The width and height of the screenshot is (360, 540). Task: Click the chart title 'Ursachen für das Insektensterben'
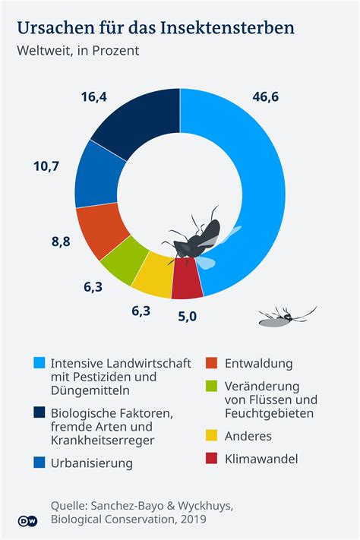coord(155,29)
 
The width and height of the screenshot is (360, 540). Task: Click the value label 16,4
coord(93,97)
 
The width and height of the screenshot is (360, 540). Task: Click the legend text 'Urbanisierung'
coord(91,463)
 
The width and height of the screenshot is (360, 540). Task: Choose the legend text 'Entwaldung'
coord(259,364)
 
